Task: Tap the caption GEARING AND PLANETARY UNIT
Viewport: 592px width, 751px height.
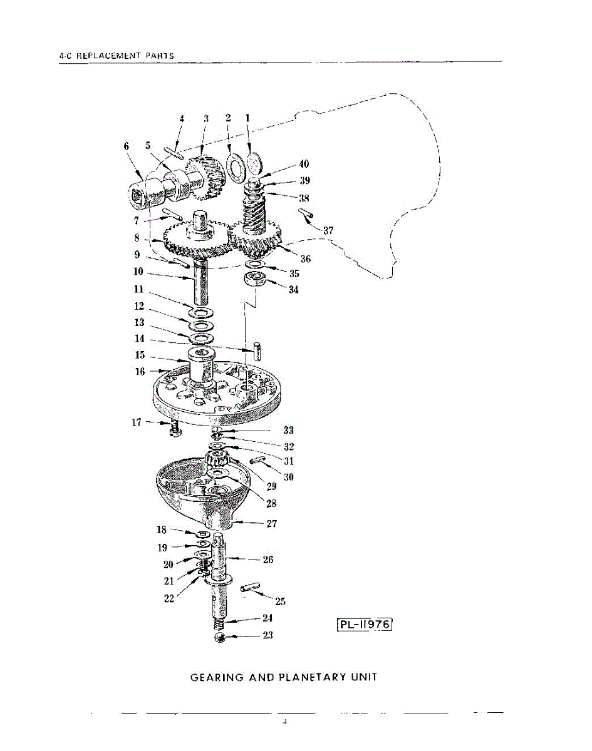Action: point(284,677)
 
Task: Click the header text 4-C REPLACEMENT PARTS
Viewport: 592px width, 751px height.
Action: point(116,56)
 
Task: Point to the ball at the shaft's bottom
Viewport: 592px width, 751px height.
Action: point(220,637)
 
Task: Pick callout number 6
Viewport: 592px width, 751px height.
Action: point(126,146)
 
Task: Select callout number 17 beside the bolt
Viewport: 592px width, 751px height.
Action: point(137,422)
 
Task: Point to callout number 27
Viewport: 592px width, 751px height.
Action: point(271,524)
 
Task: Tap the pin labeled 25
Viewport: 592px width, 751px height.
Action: point(251,588)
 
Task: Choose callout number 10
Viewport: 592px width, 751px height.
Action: point(138,272)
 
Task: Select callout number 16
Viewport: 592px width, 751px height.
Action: point(139,372)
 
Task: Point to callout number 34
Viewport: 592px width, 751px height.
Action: point(294,290)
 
